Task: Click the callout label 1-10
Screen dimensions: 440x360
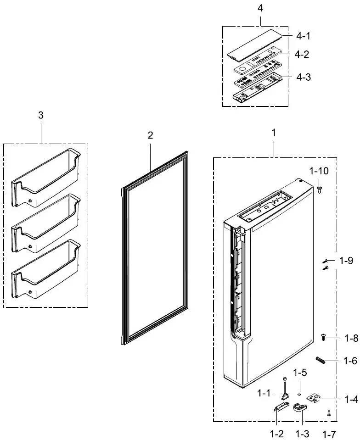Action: [319, 171]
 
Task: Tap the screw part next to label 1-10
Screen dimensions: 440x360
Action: [319, 188]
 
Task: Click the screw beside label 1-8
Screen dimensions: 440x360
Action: [323, 338]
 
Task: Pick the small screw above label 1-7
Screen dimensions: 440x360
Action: [329, 413]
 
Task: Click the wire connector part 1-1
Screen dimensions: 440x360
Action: [285, 388]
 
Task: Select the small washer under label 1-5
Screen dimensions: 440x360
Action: [298, 394]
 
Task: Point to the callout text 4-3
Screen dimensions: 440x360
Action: [303, 77]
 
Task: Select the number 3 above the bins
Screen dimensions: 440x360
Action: [41, 115]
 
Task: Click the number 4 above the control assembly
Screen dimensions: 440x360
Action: [260, 8]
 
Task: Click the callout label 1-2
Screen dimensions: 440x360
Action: [276, 434]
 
